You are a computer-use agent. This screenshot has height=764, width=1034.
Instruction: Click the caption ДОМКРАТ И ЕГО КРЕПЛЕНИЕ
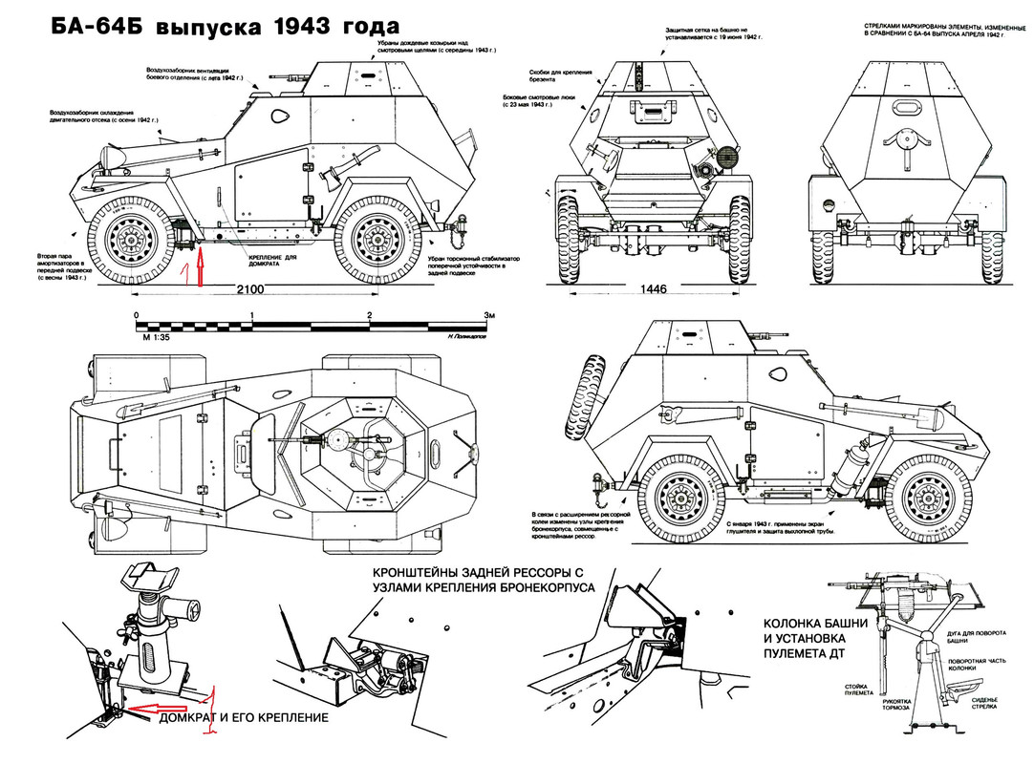coord(243,717)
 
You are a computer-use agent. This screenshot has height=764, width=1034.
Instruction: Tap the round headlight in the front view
coord(729,154)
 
